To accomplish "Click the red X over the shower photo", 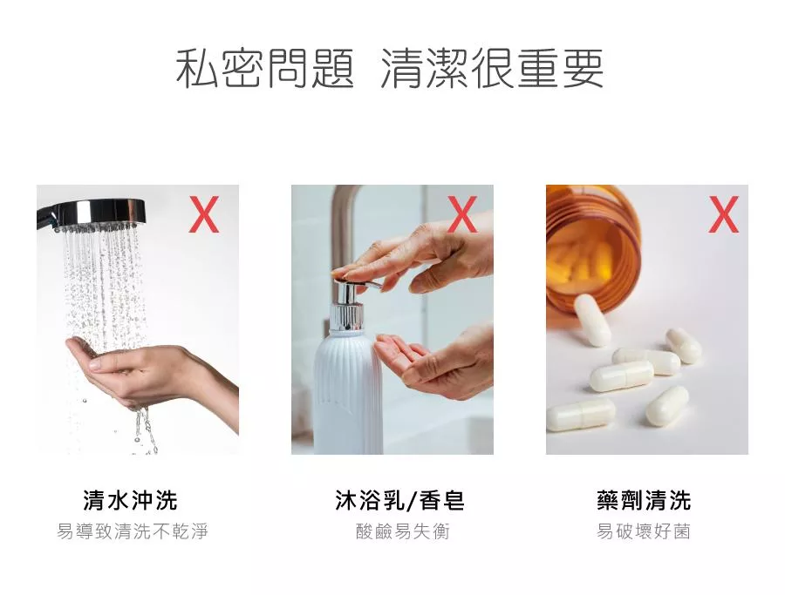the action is (x=204, y=214).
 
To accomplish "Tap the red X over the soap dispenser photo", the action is (x=462, y=214).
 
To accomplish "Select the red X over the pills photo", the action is (x=723, y=214).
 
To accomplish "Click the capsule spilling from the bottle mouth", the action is (x=592, y=320).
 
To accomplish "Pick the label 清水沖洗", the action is (x=130, y=500).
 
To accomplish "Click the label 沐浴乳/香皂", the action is (x=399, y=500).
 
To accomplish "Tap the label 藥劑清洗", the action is (x=644, y=500).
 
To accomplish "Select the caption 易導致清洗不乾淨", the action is (x=133, y=531).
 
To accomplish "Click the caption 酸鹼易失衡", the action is (x=402, y=531).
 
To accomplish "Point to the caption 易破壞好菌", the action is (x=644, y=531).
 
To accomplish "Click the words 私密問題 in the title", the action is (x=265, y=69).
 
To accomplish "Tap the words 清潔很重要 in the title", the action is (x=492, y=69).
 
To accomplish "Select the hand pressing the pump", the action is (x=415, y=255).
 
